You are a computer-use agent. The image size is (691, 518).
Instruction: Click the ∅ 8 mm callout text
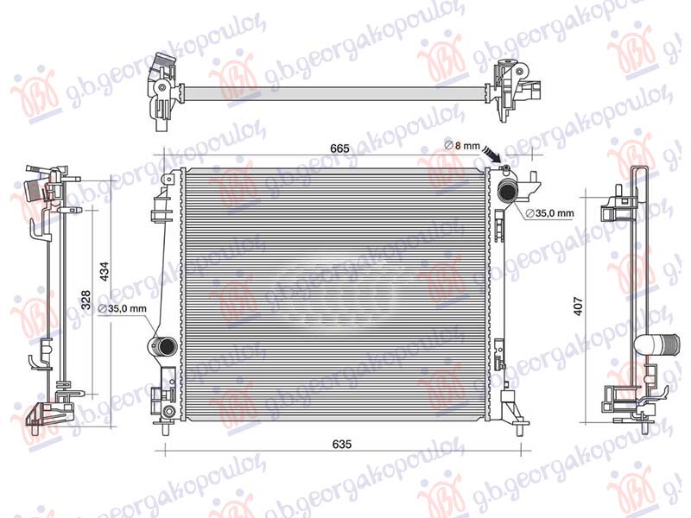[461, 145]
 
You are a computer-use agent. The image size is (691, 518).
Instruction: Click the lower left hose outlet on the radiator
[162, 347]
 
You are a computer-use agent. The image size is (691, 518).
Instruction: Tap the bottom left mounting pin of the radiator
[166, 426]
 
